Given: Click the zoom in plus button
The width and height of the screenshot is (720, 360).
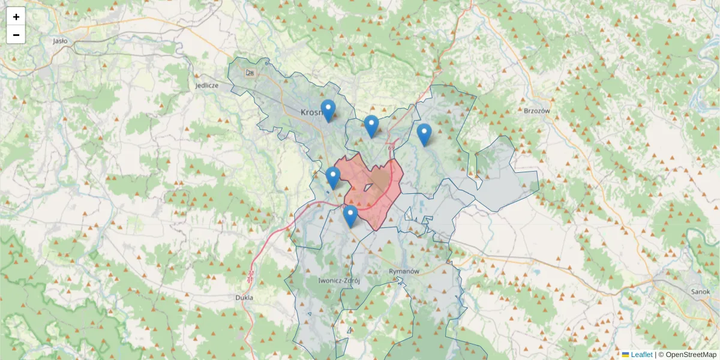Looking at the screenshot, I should (16, 17).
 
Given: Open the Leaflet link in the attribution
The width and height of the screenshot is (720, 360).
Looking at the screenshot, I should (641, 355).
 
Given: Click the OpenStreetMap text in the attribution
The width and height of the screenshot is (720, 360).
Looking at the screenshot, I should (691, 355).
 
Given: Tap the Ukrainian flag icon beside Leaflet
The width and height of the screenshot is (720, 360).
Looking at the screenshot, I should (625, 355).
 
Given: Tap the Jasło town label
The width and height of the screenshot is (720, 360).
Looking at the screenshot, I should (60, 41).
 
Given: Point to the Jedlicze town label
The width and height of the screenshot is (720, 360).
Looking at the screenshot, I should (207, 86).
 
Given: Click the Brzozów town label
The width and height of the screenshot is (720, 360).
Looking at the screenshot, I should (537, 111).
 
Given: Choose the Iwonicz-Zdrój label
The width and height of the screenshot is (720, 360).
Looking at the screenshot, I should (338, 280).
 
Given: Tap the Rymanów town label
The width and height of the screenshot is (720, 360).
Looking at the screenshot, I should (403, 271).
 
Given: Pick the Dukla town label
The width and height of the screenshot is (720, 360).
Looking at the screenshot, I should (244, 297).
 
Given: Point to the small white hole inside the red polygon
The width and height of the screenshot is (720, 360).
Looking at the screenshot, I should (367, 188).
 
